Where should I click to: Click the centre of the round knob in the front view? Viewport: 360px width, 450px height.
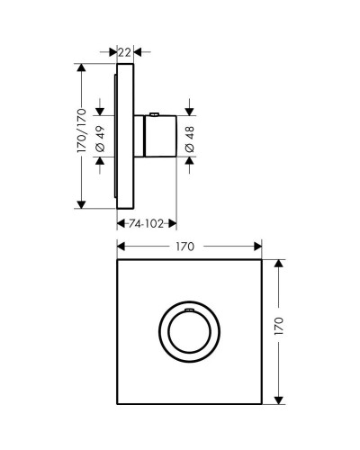point(188,333)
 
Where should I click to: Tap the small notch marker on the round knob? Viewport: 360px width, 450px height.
point(188,310)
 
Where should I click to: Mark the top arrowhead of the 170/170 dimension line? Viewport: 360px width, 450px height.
point(83,67)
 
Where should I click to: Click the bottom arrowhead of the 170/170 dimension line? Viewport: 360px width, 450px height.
point(83,204)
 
